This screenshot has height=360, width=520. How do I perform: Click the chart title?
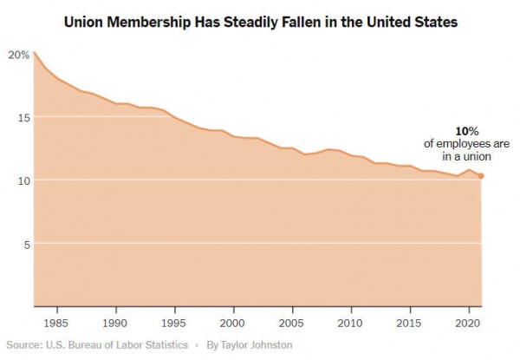260,19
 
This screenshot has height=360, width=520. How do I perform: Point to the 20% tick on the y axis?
18,54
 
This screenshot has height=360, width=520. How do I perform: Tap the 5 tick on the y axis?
26,244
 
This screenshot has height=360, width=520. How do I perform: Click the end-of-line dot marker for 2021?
482,176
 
